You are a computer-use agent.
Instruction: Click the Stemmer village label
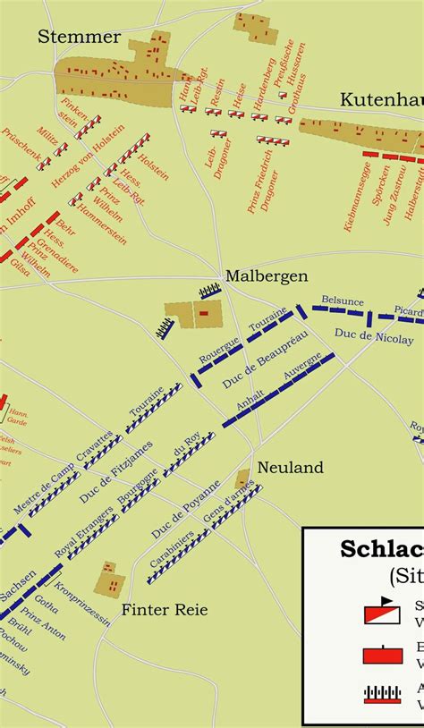79,37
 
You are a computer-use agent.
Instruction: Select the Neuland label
290,468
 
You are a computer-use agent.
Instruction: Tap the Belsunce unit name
343,301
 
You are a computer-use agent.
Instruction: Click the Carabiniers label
171,554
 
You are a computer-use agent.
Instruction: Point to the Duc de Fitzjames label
115,470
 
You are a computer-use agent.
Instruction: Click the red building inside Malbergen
203,313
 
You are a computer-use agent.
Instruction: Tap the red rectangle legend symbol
382,655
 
